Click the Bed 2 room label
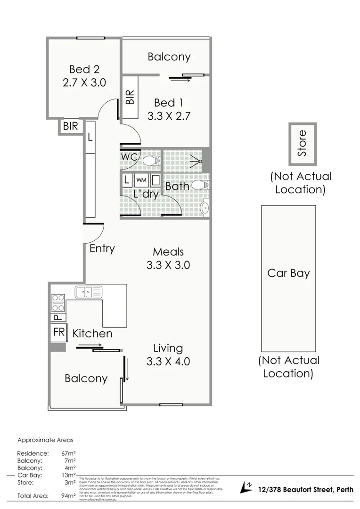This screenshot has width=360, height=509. click(x=84, y=69)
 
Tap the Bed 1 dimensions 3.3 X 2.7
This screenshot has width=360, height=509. click(x=168, y=116)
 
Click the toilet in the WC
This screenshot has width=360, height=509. click(x=150, y=161)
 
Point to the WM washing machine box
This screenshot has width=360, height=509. click(x=141, y=180)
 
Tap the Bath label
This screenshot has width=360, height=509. click(x=177, y=186)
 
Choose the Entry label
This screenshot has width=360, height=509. click(x=102, y=248)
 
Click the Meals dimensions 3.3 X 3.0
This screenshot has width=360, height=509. click(x=168, y=265)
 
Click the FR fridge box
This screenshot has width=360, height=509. click(x=59, y=332)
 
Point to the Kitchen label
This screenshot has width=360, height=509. click(x=92, y=334)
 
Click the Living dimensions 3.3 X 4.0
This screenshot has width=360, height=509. click(x=168, y=361)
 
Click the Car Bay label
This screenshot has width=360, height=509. click(x=288, y=273)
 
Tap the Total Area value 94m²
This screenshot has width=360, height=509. click(x=69, y=496)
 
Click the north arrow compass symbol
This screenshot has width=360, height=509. click(x=246, y=487)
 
